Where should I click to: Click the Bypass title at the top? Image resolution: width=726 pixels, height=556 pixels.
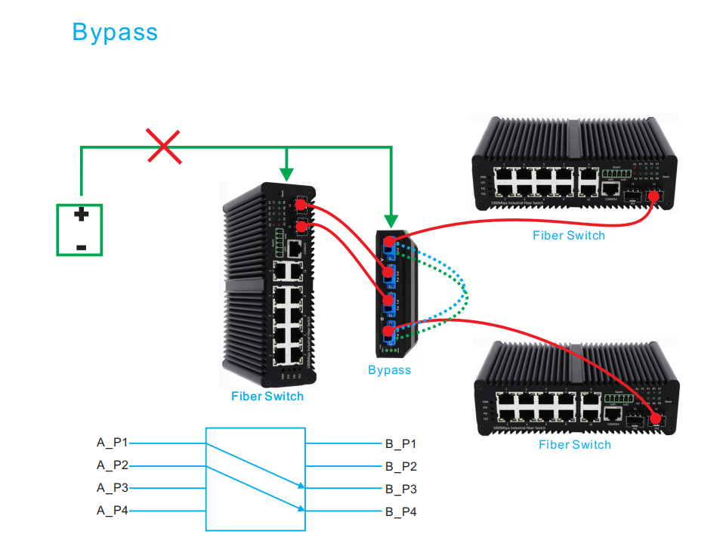tap(115, 32)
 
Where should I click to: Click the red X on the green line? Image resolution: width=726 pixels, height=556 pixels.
tap(164, 146)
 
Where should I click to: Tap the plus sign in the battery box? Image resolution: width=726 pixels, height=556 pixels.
tap(81, 215)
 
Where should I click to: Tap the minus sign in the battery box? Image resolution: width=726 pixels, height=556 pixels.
tap(81, 247)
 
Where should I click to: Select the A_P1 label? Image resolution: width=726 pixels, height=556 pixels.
tap(113, 443)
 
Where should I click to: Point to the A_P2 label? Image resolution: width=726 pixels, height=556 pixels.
tap(113, 465)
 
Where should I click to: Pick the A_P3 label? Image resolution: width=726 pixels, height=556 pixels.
tap(113, 488)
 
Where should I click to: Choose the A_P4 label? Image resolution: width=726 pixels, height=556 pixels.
tap(113, 511)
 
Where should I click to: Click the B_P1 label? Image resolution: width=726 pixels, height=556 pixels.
tap(400, 444)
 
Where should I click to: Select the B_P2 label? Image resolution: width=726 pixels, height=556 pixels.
tap(400, 467)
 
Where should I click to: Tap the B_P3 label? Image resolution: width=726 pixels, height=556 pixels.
tap(400, 490)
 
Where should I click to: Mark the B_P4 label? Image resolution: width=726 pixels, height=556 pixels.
tap(400, 512)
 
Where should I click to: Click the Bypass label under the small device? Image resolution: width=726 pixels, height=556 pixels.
tap(389, 370)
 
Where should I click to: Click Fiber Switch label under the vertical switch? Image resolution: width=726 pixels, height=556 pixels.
tap(267, 397)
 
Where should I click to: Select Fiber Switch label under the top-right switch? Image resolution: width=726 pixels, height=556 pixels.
tap(568, 236)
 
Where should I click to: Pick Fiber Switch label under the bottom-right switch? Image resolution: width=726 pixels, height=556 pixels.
tap(574, 445)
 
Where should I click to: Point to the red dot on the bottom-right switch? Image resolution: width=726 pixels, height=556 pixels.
tap(655, 419)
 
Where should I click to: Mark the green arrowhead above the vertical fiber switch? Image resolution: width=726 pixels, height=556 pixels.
tap(286, 174)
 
